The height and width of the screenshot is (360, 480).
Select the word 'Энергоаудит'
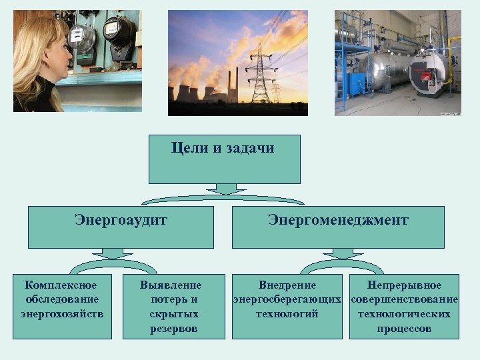[x=121, y=219]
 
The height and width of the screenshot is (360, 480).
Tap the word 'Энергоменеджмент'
[x=338, y=219]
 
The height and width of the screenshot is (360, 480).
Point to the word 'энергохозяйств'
[x=62, y=313]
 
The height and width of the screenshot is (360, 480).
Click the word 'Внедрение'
[x=287, y=285]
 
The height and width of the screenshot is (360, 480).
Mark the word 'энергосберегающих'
[x=287, y=299]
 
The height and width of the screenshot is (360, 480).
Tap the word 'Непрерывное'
[x=404, y=285]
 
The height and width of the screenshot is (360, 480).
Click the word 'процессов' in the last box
[x=404, y=329]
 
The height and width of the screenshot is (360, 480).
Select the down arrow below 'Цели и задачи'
[x=226, y=189]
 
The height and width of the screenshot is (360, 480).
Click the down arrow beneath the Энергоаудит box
[x=112, y=254]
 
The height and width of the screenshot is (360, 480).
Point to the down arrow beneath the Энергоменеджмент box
[x=343, y=254]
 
